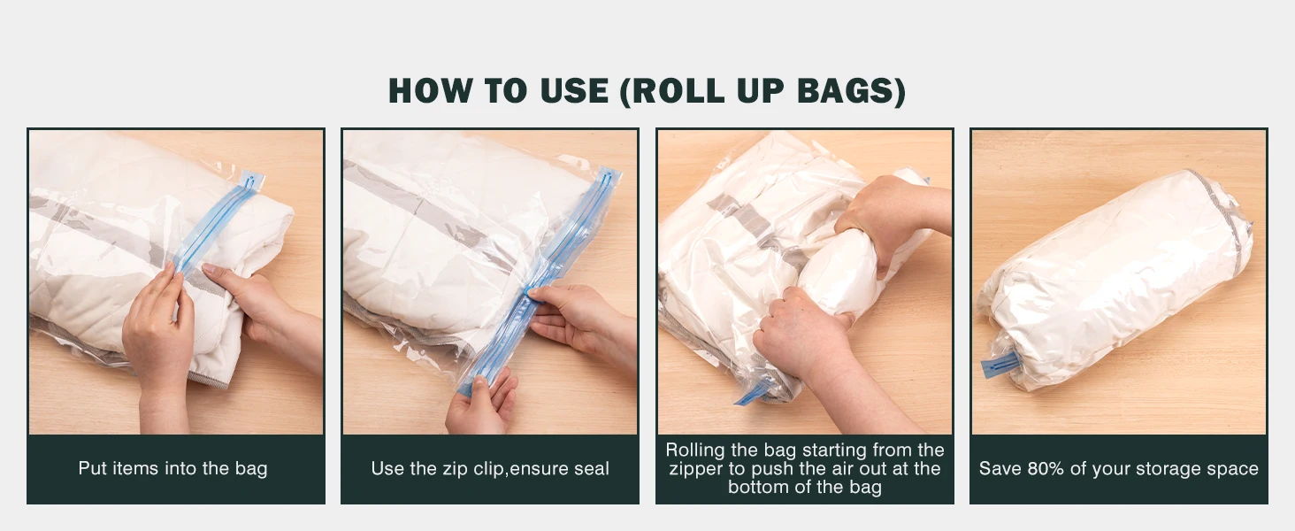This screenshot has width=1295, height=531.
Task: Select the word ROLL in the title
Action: pyautogui.click(x=674, y=91)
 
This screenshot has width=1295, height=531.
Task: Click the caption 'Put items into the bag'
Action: pyautogui.click(x=172, y=468)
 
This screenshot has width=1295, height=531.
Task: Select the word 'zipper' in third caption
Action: pyautogui.click(x=697, y=468)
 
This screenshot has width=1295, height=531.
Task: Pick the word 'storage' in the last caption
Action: pyautogui.click(x=1151, y=468)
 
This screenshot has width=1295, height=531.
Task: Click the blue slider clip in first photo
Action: pyautogui.click(x=251, y=181)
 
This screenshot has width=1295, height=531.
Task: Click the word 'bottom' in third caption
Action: pyautogui.click(x=761, y=487)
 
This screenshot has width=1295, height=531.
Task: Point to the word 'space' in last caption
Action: pyautogui.click(x=1232, y=468)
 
